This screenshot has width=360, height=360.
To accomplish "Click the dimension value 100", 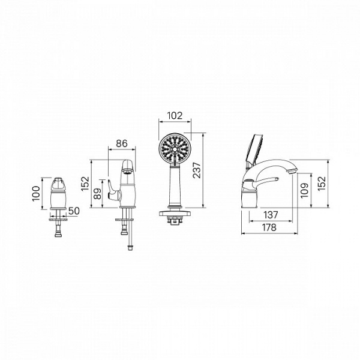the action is pyautogui.click(x=36, y=194).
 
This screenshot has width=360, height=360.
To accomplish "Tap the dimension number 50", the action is pyautogui.click(x=74, y=211).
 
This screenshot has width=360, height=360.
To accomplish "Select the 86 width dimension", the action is pyautogui.click(x=121, y=143).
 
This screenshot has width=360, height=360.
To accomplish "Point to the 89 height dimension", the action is pyautogui.click(x=98, y=194).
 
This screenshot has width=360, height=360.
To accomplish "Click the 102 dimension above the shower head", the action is pyautogui.click(x=175, y=115).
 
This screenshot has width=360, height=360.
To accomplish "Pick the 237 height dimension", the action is pyautogui.click(x=197, y=170).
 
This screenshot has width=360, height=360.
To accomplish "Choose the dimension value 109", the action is pyautogui.click(x=304, y=190).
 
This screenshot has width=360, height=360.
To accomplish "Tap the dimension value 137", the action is pyautogui.click(x=271, y=215).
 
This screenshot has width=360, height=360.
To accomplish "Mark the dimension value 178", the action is pyautogui.click(x=269, y=227).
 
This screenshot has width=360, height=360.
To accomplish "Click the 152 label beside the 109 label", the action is pyautogui.click(x=322, y=184).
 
